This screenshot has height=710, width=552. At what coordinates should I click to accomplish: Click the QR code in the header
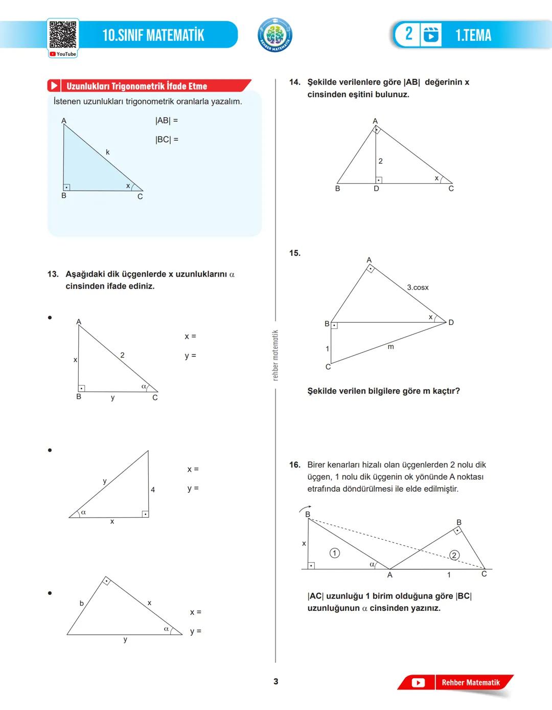[x=63, y=35]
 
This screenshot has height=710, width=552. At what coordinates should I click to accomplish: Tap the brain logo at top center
[x=275, y=35]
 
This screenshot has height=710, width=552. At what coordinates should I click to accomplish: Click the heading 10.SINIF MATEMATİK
[x=153, y=35]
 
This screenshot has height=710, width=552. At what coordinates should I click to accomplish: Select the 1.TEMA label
[x=473, y=35]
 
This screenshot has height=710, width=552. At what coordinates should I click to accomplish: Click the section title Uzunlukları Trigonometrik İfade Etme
[x=136, y=86]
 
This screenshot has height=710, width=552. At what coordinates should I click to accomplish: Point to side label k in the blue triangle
[x=108, y=152]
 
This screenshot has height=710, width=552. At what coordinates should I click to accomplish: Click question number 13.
[x=53, y=274]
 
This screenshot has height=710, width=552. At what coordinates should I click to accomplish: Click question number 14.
[x=294, y=82]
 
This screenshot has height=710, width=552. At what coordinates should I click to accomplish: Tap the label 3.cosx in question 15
[x=418, y=287]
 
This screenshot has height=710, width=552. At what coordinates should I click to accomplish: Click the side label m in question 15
[x=391, y=347]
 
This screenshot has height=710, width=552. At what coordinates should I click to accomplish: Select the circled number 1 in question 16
[x=334, y=553]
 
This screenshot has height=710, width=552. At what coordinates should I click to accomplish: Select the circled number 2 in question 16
[x=454, y=556]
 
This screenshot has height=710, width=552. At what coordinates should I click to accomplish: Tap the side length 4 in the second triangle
[x=153, y=490]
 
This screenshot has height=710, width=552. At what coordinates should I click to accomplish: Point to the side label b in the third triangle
[x=81, y=604]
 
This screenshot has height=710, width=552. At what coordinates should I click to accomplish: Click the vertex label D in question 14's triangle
[x=376, y=189]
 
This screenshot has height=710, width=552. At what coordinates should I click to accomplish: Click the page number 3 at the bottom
[x=276, y=681]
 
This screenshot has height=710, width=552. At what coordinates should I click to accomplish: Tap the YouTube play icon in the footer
[x=418, y=683]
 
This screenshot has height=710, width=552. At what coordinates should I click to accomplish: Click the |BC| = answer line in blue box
[x=167, y=140]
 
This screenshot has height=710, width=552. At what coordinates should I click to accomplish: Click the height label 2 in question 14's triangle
[x=380, y=161]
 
